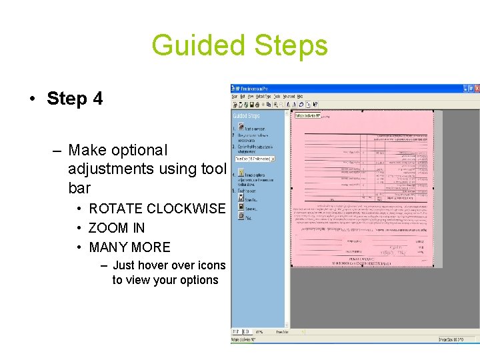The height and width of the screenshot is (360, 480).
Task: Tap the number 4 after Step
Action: (x=98, y=99)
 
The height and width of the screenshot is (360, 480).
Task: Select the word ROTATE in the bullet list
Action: (x=115, y=209)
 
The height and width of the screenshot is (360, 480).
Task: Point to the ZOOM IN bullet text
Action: (x=117, y=228)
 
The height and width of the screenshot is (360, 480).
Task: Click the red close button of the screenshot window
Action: (x=475, y=87)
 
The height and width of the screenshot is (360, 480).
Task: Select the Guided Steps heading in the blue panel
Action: (x=246, y=116)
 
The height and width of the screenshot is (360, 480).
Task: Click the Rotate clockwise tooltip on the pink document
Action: (x=307, y=115)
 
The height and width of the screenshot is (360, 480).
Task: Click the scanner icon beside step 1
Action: (x=241, y=127)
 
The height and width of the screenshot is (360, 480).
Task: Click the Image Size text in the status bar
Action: (x=447, y=339)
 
